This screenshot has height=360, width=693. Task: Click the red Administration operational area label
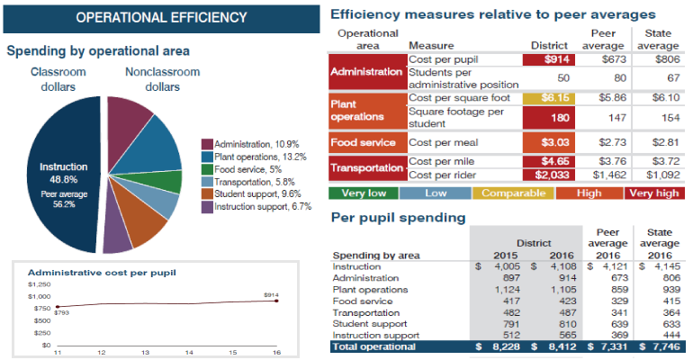[367, 71]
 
